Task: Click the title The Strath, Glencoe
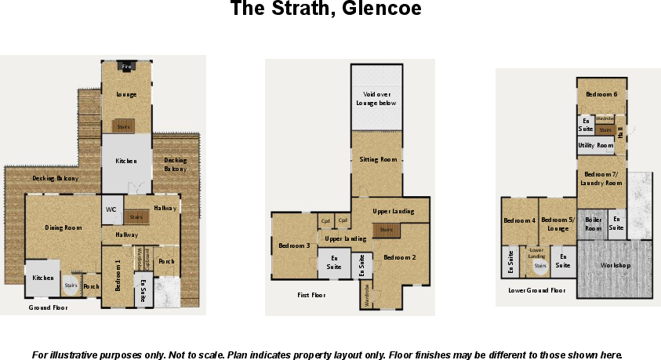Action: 325,10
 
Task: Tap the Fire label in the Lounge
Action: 125,67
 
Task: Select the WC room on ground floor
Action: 111,209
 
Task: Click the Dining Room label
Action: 64,227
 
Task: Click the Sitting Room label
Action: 379,159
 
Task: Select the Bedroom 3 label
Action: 294,245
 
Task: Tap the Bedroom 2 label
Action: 399,256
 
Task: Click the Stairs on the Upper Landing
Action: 386,229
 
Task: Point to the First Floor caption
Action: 311,296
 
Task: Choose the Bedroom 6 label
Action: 602,94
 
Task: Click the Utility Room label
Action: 595,145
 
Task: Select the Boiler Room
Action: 594,224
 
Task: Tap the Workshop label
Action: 616,265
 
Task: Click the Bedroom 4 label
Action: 519,220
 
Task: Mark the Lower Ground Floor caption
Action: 537,290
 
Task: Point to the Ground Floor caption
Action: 48,308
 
